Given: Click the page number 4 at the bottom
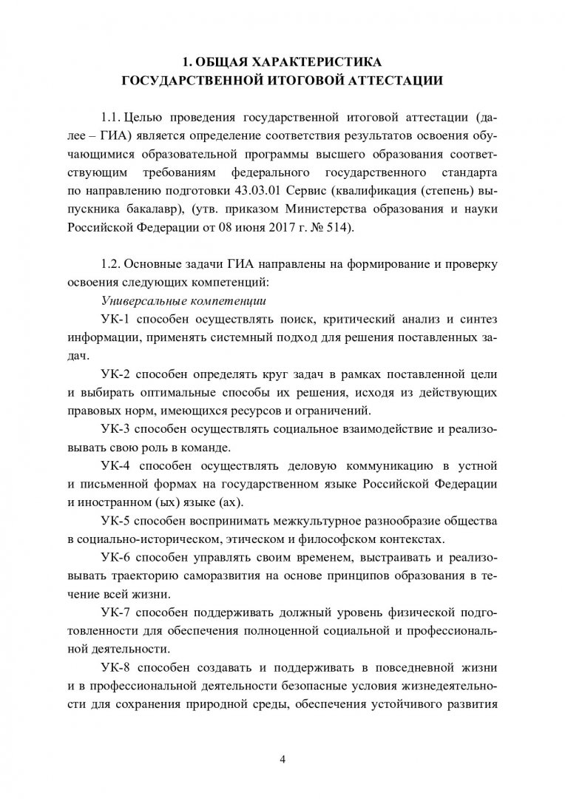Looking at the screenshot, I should tap(282, 740).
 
